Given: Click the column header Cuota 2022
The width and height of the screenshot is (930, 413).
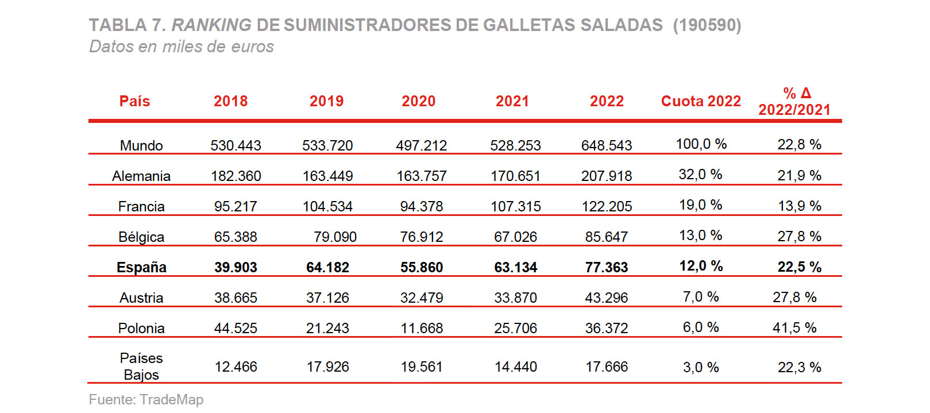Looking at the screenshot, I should click(x=701, y=101).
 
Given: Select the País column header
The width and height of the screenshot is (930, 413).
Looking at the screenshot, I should click(x=134, y=101).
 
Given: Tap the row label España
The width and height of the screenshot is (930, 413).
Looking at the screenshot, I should click(x=141, y=267).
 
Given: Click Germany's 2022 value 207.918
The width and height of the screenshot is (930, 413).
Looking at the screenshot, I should click(x=607, y=176).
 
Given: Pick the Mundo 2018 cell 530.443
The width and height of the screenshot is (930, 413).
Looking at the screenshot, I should click(x=236, y=145).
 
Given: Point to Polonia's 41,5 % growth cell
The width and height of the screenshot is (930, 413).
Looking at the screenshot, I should click(x=794, y=327).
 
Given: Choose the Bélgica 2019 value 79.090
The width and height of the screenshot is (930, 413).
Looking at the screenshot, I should click(x=335, y=237).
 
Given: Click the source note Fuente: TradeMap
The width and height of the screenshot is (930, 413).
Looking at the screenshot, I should click(x=146, y=399).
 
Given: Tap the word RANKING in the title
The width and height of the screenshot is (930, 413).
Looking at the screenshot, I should click(x=211, y=25).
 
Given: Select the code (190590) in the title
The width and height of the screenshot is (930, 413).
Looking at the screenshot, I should click(x=707, y=25).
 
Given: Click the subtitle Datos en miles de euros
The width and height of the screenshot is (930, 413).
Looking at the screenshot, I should click(x=182, y=47).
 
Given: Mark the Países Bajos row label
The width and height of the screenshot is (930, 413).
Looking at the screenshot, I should click(x=141, y=366).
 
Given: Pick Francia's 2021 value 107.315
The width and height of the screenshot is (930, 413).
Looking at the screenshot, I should click(x=516, y=206).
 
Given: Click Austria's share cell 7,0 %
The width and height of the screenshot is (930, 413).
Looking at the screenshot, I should click(x=701, y=297).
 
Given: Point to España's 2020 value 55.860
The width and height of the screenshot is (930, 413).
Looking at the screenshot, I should click(x=422, y=267).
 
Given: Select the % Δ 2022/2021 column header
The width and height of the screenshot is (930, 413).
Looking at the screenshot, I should click(x=794, y=101).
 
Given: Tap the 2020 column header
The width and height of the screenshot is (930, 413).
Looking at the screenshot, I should click(x=418, y=101).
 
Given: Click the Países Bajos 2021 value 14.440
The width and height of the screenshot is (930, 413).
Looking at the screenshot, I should click(x=516, y=366).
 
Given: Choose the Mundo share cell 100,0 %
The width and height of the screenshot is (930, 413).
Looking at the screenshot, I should click(x=701, y=144).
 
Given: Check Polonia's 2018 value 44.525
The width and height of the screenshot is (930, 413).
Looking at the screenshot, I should click(x=236, y=328).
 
